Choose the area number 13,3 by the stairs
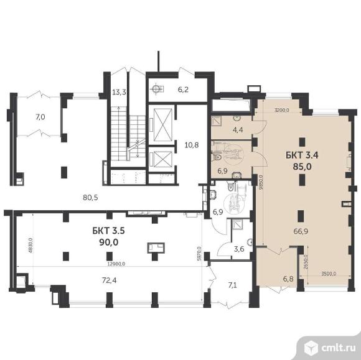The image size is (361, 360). coord(120,93)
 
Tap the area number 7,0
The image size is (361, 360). coord(40,116)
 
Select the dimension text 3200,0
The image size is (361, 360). coord(283,111)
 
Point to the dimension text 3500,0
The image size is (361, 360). coord(328,273)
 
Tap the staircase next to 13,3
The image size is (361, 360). coord(121,134)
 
